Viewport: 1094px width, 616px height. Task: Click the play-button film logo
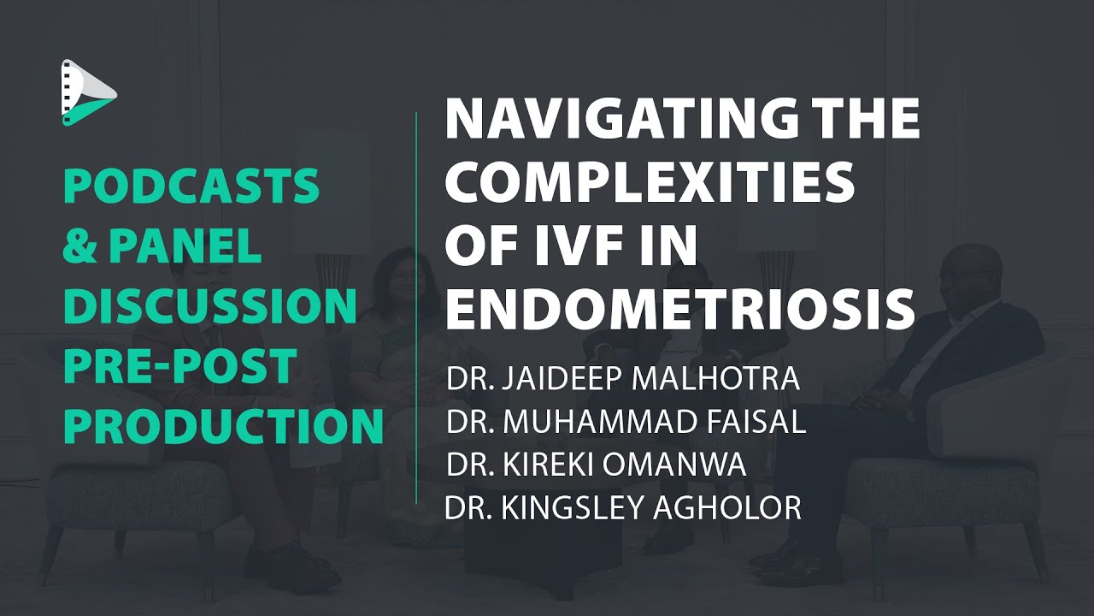88,92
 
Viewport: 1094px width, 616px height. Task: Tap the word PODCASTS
191,186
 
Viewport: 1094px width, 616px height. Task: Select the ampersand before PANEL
79,246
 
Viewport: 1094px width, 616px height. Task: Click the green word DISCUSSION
210,305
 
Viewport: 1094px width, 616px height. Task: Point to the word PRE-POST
180,365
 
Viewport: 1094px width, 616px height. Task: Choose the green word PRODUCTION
223,425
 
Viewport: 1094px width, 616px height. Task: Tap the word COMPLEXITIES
650,182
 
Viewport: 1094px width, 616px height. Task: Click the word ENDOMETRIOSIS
679,309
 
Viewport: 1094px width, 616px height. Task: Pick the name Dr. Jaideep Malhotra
623,378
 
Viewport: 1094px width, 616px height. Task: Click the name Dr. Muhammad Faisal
626,422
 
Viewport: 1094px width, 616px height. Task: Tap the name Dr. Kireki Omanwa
597,465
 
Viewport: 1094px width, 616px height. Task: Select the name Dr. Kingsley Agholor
623,507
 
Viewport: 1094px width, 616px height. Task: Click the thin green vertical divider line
416,307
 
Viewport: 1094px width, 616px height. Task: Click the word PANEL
185,246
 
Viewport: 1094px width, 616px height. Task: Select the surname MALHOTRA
715,378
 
